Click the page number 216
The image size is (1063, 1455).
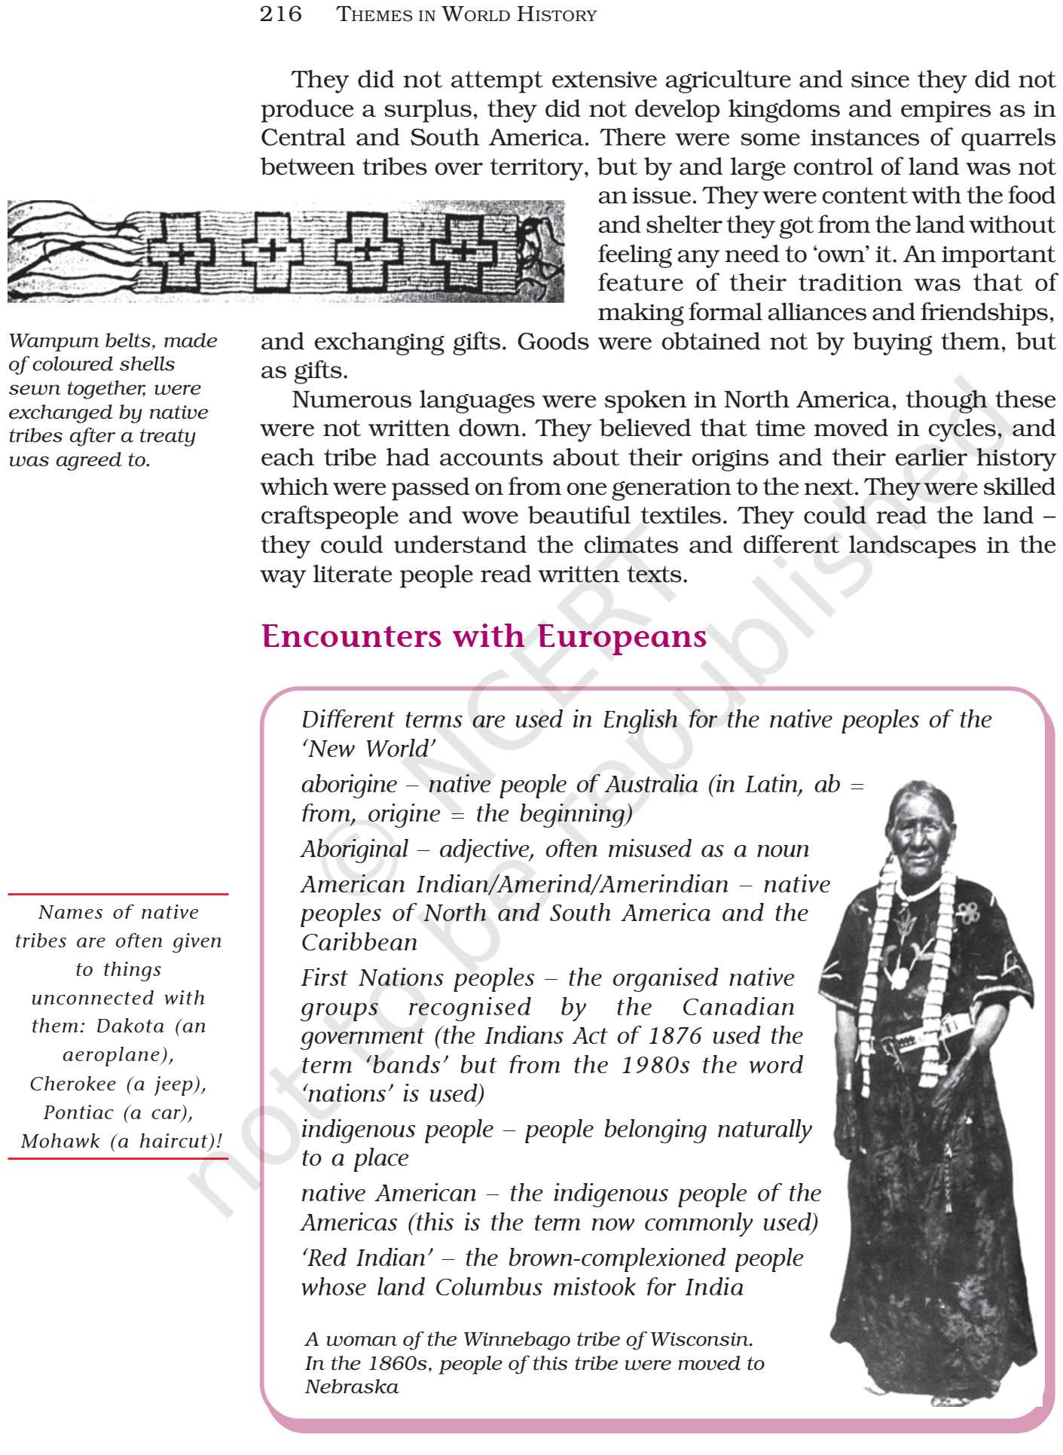click(280, 14)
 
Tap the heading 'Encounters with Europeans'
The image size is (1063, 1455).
click(484, 636)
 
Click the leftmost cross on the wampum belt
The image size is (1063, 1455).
click(182, 252)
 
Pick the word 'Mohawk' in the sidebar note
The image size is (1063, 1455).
click(60, 1141)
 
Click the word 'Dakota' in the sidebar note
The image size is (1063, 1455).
click(130, 1026)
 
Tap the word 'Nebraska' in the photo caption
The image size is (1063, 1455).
click(352, 1386)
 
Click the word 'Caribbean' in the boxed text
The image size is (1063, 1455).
click(359, 942)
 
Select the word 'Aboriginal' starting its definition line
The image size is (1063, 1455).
click(354, 849)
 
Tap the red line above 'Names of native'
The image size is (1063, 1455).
click(118, 894)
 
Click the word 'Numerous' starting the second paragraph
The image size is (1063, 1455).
click(344, 399)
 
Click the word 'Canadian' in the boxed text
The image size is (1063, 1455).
click(738, 1007)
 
